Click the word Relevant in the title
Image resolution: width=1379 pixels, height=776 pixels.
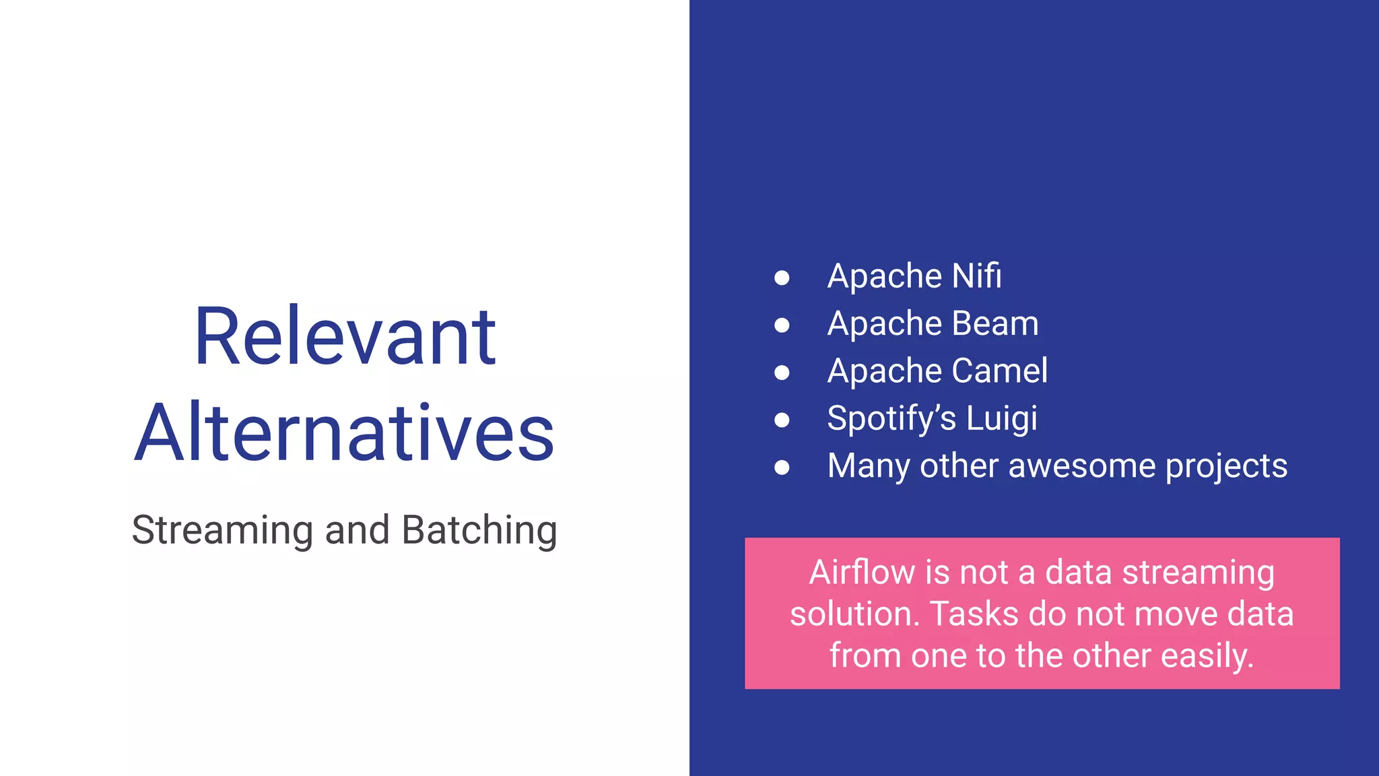point(345,337)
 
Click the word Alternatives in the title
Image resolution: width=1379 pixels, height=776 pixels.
point(344,432)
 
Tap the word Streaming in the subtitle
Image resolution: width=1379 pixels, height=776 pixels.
point(222,530)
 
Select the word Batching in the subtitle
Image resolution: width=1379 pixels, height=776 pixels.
point(479,530)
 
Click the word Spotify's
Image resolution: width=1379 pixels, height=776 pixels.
point(891,418)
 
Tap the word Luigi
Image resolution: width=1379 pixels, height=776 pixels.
point(1001,419)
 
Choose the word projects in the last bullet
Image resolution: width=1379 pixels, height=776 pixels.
point(1226,467)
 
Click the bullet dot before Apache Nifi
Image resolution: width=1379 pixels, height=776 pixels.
point(782,278)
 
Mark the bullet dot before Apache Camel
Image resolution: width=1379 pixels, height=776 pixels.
point(782,373)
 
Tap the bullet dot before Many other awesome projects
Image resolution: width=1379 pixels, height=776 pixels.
point(782,467)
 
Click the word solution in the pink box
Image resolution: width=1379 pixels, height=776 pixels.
point(854,614)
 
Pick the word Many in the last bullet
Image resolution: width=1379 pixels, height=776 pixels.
point(868,466)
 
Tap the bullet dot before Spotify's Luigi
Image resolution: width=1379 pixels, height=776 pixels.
point(782,420)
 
